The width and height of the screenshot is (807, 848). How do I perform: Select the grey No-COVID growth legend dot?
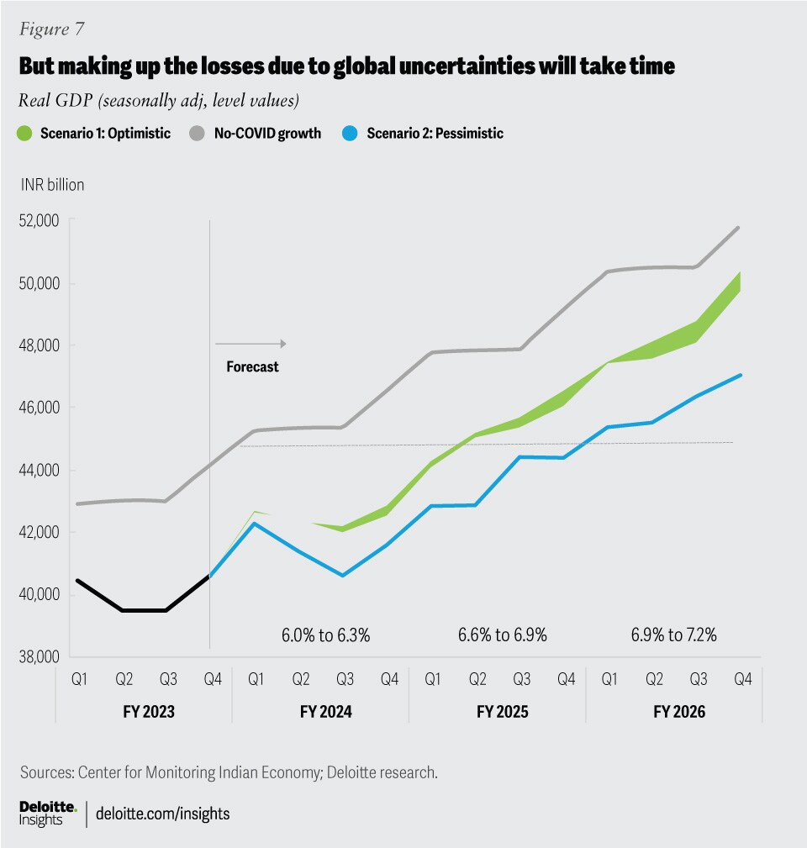point(195,133)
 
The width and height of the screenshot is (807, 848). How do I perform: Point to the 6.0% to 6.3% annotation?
point(325,635)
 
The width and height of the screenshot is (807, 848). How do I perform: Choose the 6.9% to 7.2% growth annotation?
point(674,635)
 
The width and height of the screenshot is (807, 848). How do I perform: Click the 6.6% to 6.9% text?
point(502,635)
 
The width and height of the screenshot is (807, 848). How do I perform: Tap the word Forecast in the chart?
point(252,367)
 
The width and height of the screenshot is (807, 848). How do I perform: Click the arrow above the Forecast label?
point(251,344)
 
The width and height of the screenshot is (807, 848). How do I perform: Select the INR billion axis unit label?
point(53,185)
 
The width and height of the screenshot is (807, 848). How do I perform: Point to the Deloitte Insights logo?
point(48,814)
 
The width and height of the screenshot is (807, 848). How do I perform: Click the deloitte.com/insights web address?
point(163,814)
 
